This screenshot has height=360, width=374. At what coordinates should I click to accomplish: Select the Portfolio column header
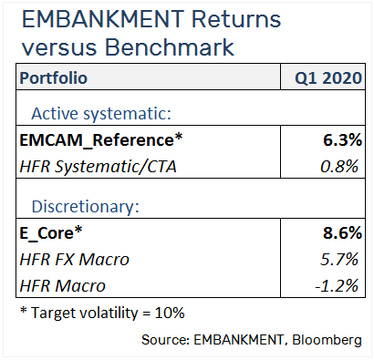pyautogui.click(x=54, y=78)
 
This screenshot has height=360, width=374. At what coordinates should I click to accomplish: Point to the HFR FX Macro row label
pyautogui.click(x=73, y=259)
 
